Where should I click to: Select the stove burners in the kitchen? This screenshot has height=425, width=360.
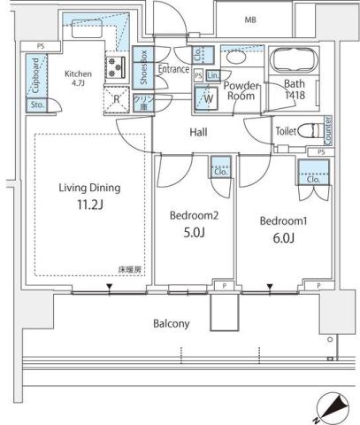pyautogui.click(x=117, y=67)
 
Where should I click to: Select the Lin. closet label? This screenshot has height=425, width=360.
pyautogui.click(x=214, y=76)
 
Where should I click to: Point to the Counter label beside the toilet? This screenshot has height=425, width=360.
pyautogui.click(x=327, y=130)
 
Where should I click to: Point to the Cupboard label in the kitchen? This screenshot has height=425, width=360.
pyautogui.click(x=35, y=75)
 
